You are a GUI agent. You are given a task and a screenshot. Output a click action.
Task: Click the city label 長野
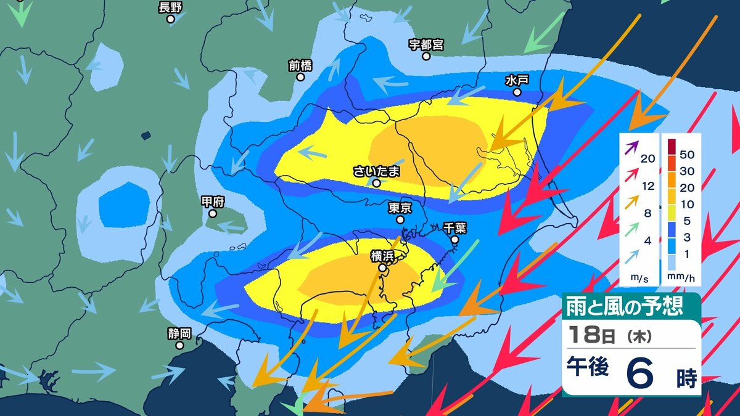[x=171, y=7]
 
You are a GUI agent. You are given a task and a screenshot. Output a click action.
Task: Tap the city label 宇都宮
[x=426, y=44]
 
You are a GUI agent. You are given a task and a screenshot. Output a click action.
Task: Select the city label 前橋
[x=300, y=65]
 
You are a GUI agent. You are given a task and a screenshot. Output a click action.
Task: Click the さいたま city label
[x=376, y=171]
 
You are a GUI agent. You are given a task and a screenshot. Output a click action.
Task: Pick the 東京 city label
[x=400, y=208]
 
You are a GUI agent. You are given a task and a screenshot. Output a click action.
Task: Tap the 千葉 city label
[x=454, y=227]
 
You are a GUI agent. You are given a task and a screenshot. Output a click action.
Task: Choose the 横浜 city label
[x=382, y=256]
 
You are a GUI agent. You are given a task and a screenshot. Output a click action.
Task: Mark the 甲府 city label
[x=213, y=202]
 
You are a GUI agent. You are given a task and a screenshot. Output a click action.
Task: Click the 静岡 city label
[x=179, y=333]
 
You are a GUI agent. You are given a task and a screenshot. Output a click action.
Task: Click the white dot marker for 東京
[x=400, y=219]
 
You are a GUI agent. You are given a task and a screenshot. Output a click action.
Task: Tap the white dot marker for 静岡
[x=179, y=345]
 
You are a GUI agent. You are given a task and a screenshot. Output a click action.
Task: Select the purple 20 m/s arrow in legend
[x=631, y=149]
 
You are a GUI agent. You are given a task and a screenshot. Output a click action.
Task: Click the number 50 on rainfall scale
[x=687, y=152]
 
